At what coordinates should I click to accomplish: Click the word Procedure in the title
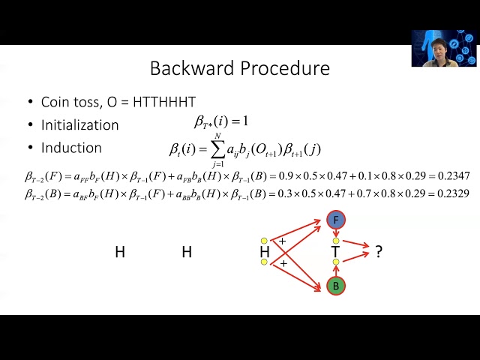tap(285, 68)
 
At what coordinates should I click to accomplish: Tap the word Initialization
tap(79, 124)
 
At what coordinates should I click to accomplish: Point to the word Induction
tap(71, 148)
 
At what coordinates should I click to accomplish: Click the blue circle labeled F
tap(336, 220)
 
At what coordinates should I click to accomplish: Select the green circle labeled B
tap(336, 286)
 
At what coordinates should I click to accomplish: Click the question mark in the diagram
tap(379, 253)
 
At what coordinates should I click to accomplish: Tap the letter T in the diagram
tap(336, 253)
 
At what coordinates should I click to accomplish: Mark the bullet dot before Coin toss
tap(30, 102)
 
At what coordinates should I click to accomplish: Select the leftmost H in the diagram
tap(119, 253)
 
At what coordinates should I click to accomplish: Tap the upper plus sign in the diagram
tap(282, 241)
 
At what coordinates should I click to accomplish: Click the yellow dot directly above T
tap(336, 241)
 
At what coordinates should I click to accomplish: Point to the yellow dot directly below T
tap(336, 262)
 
